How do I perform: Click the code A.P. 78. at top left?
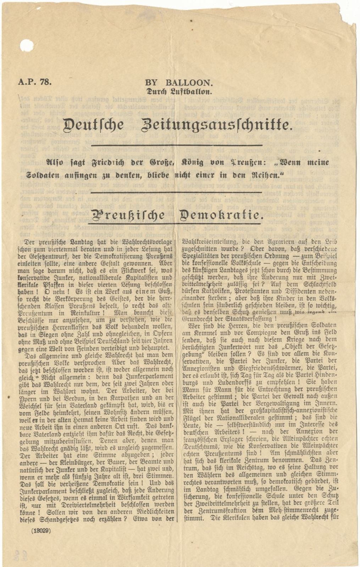[x=34, y=82]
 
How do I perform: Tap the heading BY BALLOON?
[x=179, y=83]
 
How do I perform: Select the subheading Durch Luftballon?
[x=179, y=91]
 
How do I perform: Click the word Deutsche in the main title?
[x=93, y=125]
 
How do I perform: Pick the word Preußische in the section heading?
[x=128, y=215]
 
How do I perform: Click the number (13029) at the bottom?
[x=41, y=531]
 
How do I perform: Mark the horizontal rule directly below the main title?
[x=177, y=145]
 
